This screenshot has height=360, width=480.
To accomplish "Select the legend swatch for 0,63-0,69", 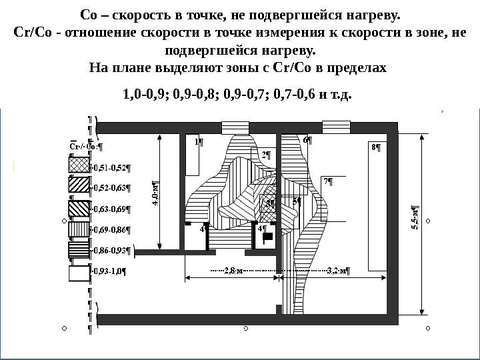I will coord(79,207).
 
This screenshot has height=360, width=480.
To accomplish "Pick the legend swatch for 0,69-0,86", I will coord(79,229).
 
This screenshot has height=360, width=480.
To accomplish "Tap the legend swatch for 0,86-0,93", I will coord(79,250).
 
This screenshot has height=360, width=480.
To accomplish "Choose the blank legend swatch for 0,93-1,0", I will coord(79,271).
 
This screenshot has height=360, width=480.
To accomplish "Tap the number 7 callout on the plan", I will coord(327,181).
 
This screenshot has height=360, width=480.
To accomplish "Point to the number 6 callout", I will coord(307,141).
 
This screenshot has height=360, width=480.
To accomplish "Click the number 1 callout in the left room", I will coord(198,141).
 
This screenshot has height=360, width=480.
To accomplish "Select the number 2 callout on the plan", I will coord(265,155).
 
